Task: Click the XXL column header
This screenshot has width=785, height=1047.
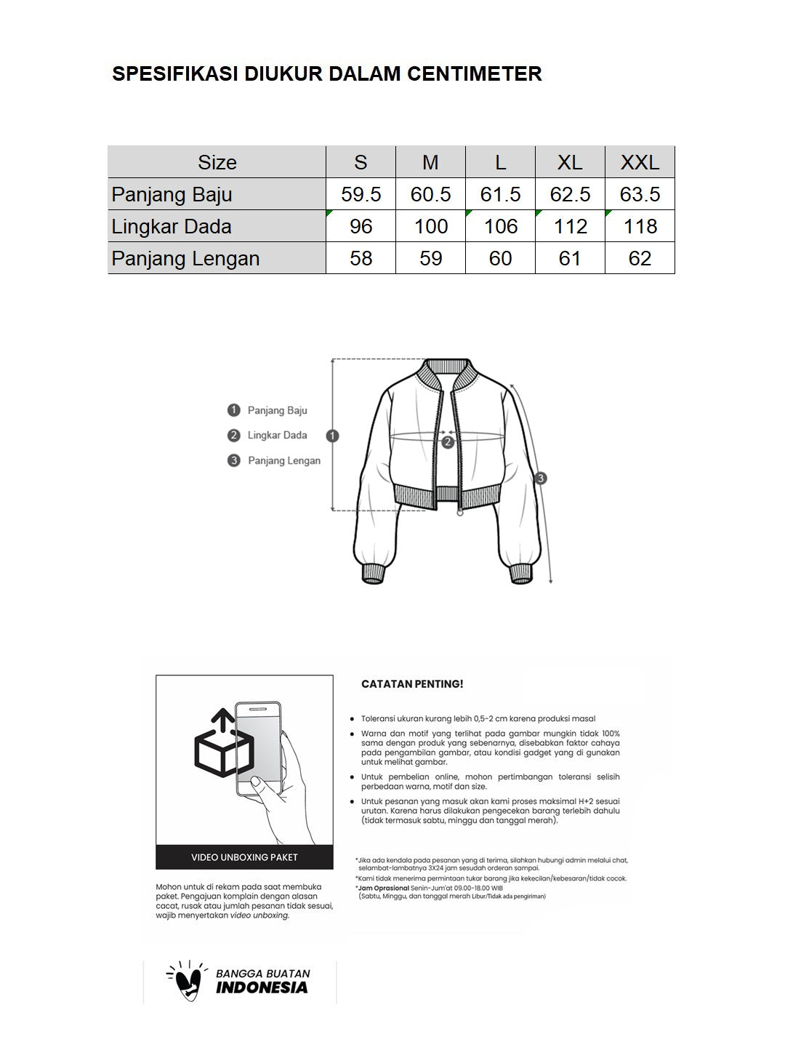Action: (640, 162)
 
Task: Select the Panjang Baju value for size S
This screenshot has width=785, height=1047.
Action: (361, 194)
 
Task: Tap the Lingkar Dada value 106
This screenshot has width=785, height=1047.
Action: (500, 226)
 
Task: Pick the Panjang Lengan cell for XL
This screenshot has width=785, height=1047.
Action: (570, 258)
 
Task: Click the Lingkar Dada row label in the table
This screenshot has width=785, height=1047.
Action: (172, 226)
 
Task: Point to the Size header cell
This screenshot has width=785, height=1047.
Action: (217, 162)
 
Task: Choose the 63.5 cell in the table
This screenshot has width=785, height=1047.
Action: (640, 194)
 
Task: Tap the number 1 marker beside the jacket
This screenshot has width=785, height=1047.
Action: (333, 436)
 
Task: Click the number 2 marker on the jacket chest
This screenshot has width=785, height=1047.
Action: (448, 441)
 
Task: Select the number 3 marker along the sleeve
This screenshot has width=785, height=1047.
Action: (540, 478)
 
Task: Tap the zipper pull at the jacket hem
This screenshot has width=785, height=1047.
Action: (459, 513)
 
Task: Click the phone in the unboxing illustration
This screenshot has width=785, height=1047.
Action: (257, 749)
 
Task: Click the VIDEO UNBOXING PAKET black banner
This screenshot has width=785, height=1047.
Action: (244, 857)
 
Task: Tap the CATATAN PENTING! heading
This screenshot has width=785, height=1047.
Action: (412, 684)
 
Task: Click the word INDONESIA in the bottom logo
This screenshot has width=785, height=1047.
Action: (262, 988)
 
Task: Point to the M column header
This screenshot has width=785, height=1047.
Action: (430, 162)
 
